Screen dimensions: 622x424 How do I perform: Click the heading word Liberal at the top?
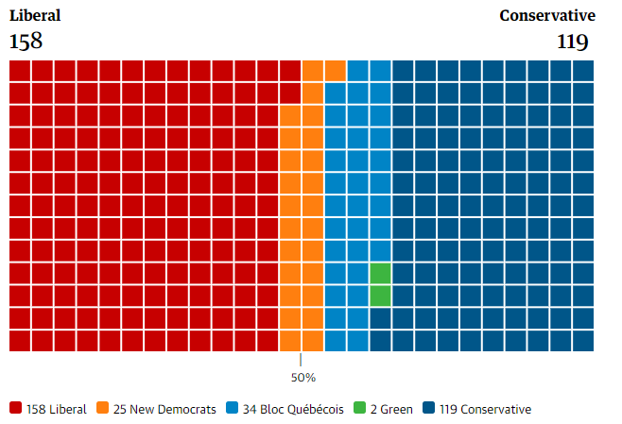pyautogui.click(x=35, y=16)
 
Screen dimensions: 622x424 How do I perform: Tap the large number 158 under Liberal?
pyautogui.click(x=26, y=42)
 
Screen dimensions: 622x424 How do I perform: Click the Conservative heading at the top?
pyautogui.click(x=547, y=16)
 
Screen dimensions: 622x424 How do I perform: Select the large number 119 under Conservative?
pyautogui.click(x=573, y=42)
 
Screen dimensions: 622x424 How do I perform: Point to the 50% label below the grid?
pyautogui.click(x=303, y=378)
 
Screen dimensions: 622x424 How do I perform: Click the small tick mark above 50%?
pyautogui.click(x=301, y=360)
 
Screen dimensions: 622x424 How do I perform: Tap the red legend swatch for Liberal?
pyautogui.click(x=15, y=408)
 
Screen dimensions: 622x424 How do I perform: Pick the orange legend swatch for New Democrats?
pyautogui.click(x=102, y=408)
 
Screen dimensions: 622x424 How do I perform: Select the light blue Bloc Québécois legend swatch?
pyautogui.click(x=232, y=408)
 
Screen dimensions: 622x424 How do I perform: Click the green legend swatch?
pyautogui.click(x=360, y=408)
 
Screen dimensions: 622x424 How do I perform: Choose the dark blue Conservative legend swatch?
pyautogui.click(x=429, y=408)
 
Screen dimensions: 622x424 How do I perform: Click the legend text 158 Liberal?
pyautogui.click(x=57, y=409)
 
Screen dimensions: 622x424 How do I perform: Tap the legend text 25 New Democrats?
pyautogui.click(x=164, y=409)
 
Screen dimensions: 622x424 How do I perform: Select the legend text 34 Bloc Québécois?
pyautogui.click(x=293, y=409)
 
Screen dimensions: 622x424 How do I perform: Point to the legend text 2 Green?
pyautogui.click(x=391, y=409)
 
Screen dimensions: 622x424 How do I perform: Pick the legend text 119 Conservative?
pyautogui.click(x=486, y=409)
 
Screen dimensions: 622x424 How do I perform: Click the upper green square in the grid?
pyautogui.click(x=380, y=274)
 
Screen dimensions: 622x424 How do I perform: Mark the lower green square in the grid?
pyautogui.click(x=380, y=296)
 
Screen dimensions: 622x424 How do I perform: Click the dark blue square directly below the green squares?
pyautogui.click(x=380, y=318)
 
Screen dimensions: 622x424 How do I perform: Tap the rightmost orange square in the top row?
pyautogui.click(x=336, y=71)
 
